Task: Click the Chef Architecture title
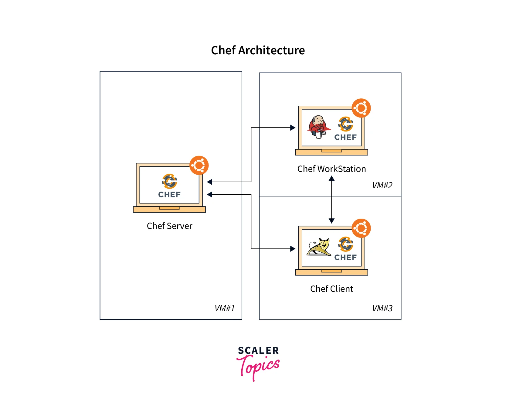(258, 50)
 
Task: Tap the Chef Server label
(169, 226)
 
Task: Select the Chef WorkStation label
(331, 169)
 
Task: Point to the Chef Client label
(331, 289)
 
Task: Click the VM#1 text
(225, 308)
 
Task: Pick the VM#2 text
(382, 185)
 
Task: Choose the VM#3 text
(382, 308)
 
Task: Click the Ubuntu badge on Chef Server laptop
(199, 166)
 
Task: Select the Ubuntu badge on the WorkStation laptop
(361, 108)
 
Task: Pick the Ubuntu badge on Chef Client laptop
(361, 228)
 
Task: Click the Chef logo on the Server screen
(169, 186)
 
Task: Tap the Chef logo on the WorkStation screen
(345, 129)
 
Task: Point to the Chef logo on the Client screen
(345, 249)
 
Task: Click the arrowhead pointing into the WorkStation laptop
(293, 128)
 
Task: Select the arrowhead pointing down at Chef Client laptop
(331, 221)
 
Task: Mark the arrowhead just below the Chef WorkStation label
(331, 179)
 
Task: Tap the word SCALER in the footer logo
(258, 351)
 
